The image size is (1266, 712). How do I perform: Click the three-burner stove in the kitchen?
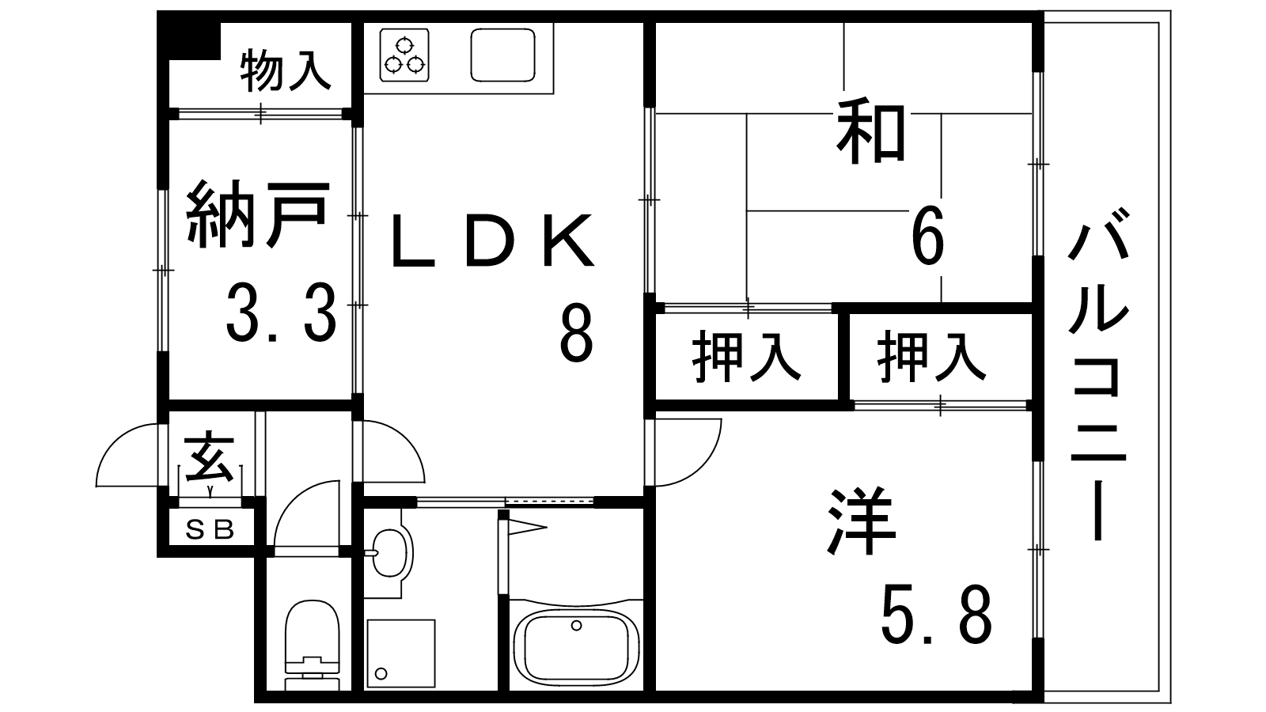(x=404, y=55)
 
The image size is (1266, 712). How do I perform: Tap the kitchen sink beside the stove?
(x=502, y=55)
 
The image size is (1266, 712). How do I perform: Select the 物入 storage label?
(x=285, y=70)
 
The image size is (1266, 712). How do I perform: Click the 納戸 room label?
(x=257, y=214)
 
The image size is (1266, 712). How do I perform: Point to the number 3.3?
(x=281, y=312)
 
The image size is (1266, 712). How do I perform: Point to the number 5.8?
(x=936, y=615)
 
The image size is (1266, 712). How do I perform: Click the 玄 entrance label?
(x=209, y=458)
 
